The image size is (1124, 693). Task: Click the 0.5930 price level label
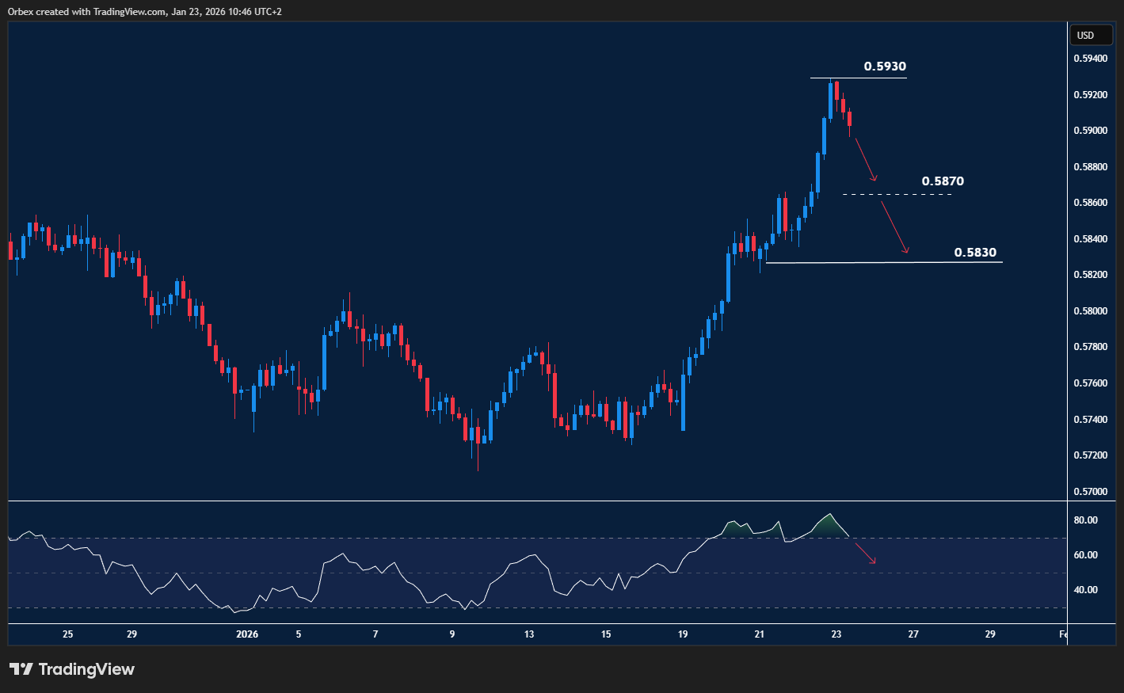pos(884,67)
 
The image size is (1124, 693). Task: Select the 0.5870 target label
pos(942,181)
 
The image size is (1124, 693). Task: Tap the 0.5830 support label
pos(974,253)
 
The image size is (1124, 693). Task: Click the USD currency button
pos(1085,35)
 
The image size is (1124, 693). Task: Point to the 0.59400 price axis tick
pos(1090,59)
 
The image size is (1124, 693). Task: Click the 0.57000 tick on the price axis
pos(1090,492)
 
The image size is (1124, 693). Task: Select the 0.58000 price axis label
pos(1090,311)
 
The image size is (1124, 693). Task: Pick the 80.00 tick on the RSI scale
pos(1085,520)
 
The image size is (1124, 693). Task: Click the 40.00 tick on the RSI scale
pos(1085,590)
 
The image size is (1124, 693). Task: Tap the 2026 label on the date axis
pos(247,634)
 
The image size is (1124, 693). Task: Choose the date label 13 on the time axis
pos(529,634)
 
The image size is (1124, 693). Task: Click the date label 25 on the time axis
pos(67,634)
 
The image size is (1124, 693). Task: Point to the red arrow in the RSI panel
pos(865,553)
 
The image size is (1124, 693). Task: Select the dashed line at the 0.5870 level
pos(895,194)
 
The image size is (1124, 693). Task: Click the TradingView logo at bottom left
pos(72,669)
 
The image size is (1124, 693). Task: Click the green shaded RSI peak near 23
pos(829,526)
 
